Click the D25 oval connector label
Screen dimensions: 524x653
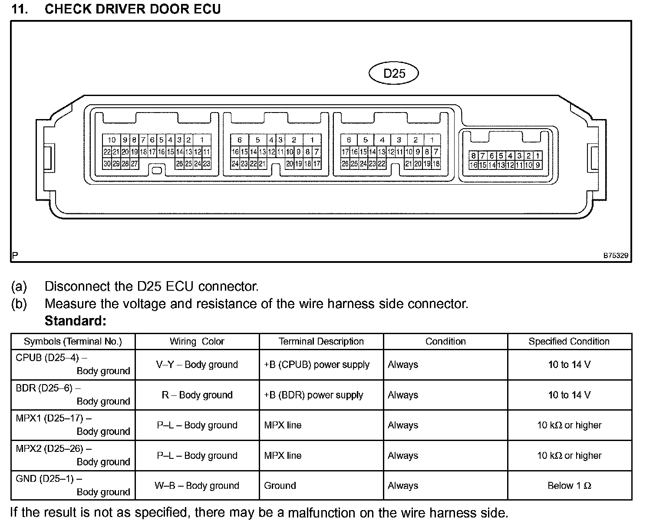tap(394, 73)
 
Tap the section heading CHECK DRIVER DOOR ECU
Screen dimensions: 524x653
tap(132, 9)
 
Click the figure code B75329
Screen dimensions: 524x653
tap(615, 255)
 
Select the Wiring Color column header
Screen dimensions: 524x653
tap(197, 342)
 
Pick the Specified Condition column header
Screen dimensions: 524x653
tap(569, 342)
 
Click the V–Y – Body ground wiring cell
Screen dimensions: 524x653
tap(197, 365)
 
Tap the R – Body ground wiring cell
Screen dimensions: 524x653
tap(197, 395)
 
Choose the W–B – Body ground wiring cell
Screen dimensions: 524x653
tap(197, 485)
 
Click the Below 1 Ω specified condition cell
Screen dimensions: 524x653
tap(569, 485)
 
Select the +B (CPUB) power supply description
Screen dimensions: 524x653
tap(317, 365)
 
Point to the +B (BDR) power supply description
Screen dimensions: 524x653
tap(313, 395)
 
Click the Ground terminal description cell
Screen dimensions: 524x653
tap(280, 485)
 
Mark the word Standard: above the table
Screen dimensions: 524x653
tap(75, 321)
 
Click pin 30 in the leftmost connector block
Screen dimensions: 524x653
tap(107, 164)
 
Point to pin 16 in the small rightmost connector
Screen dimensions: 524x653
tap(473, 165)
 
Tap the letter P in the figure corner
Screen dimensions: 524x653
tap(15, 255)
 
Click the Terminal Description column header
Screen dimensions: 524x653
tap(321, 342)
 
